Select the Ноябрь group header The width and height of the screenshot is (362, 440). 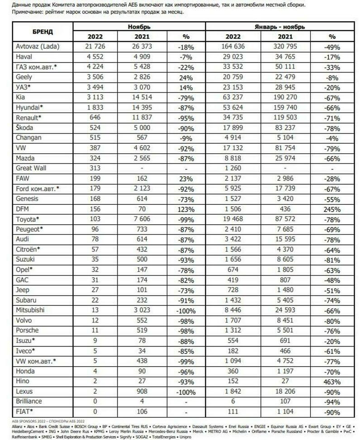(139, 27)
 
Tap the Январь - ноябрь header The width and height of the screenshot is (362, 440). (281, 27)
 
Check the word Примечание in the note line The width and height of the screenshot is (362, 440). (28, 12)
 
